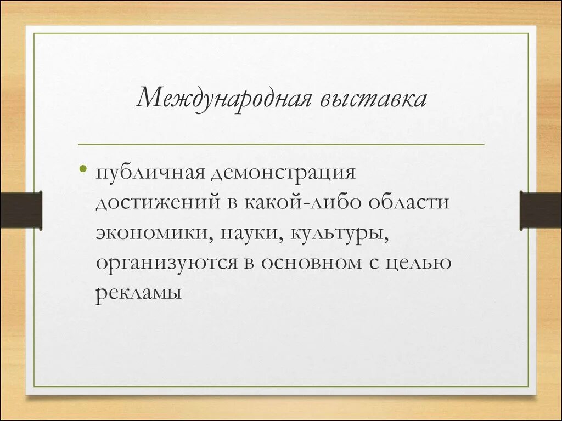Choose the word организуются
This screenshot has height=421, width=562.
(165, 264)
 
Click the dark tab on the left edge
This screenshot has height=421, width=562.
(21, 210)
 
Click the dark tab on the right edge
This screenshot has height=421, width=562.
(541, 210)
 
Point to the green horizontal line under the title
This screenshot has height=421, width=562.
(281, 144)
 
